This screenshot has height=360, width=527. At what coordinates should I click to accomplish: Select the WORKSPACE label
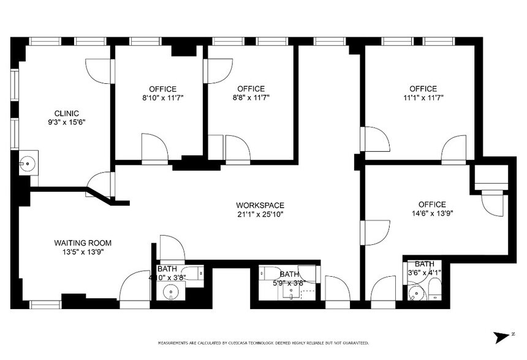260,205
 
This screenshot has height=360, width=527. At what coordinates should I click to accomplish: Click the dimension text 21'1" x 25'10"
260,214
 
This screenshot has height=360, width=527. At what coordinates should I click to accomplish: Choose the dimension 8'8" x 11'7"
251,97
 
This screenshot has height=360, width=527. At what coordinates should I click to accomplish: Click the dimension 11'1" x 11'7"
423,97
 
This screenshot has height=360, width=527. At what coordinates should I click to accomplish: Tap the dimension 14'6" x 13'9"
432,214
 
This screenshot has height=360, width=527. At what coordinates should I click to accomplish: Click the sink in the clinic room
27,163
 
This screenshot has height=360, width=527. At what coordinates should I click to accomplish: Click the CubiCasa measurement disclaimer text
263,343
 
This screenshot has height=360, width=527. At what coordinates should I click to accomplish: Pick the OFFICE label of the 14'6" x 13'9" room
432,204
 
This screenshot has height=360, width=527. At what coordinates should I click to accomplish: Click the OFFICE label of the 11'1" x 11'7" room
423,89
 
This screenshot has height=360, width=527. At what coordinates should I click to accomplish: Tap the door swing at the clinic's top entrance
98,71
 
